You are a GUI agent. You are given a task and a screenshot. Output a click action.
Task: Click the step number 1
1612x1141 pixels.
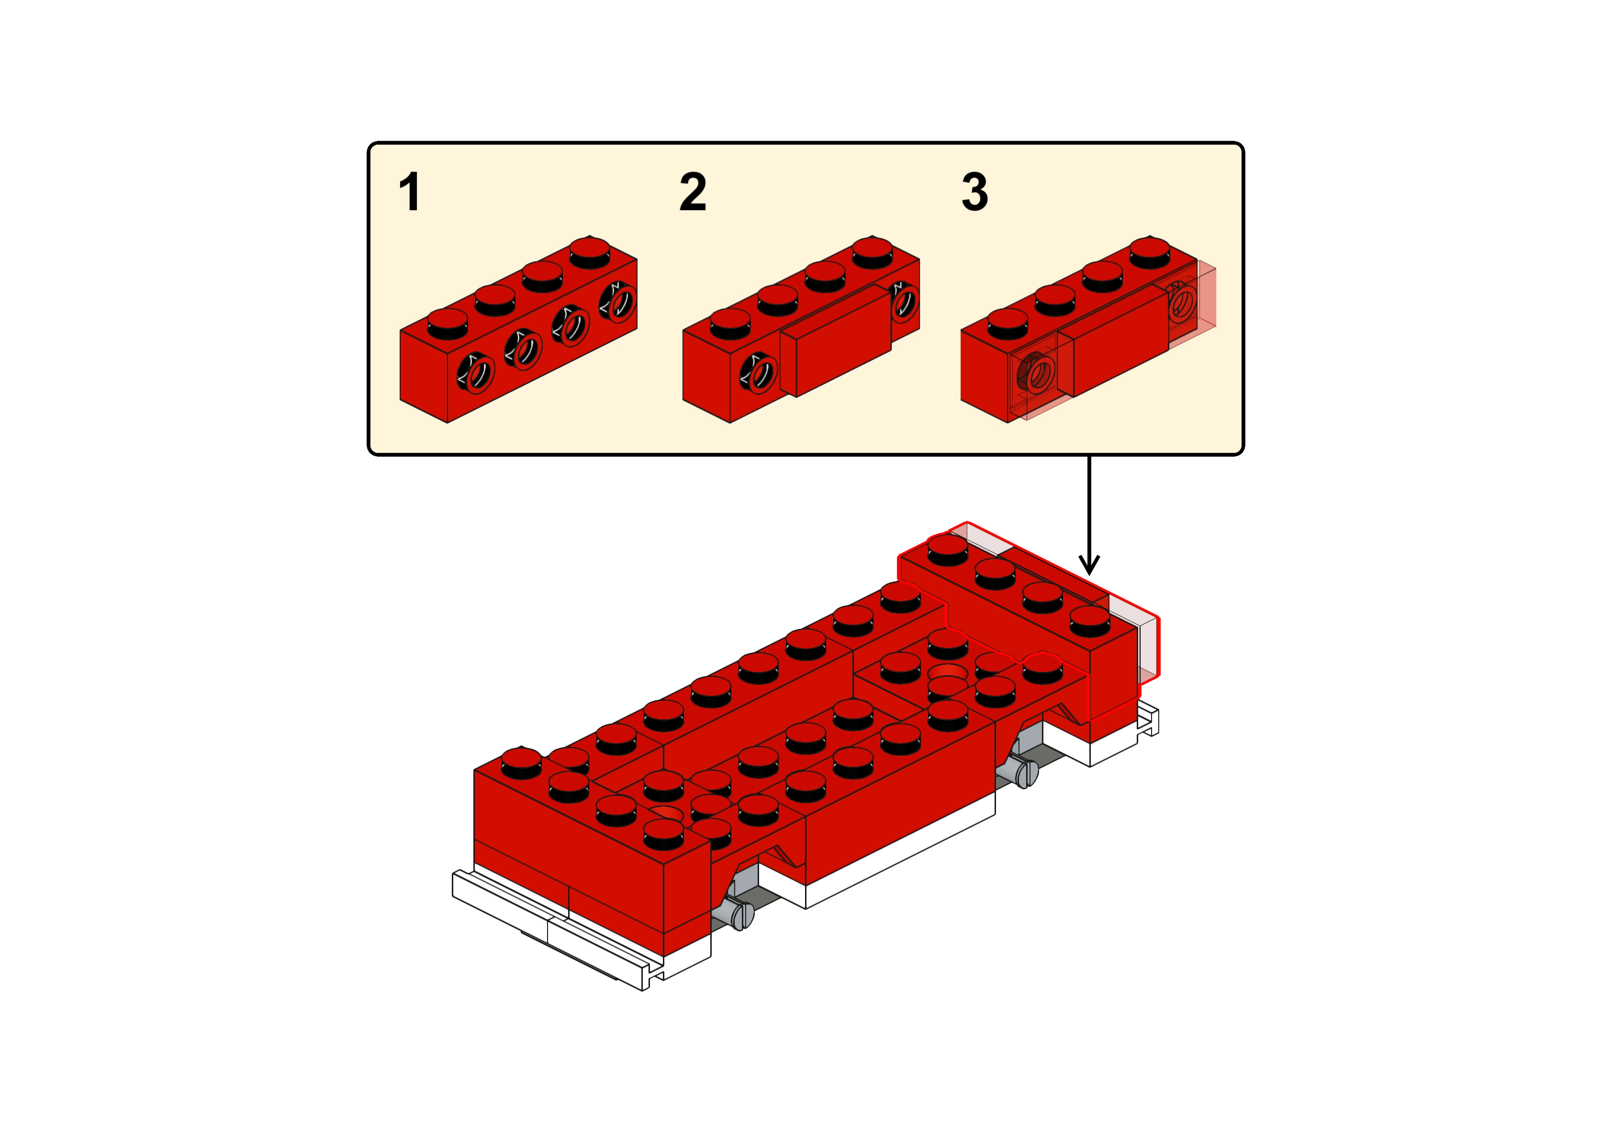pos(410,192)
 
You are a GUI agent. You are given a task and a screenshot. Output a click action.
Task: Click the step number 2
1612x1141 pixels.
pos(693,192)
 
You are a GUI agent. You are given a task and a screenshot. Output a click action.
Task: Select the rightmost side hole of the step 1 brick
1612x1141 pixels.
pos(617,302)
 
